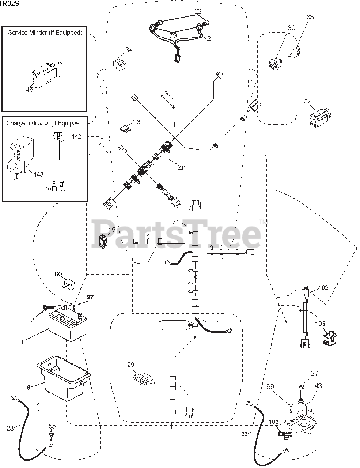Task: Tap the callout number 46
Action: pos(29,89)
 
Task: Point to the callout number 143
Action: pos(38,174)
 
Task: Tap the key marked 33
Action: pos(296,51)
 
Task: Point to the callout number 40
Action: pos(182,168)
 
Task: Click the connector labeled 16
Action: pos(103,241)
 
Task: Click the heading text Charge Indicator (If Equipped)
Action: pos(45,123)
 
